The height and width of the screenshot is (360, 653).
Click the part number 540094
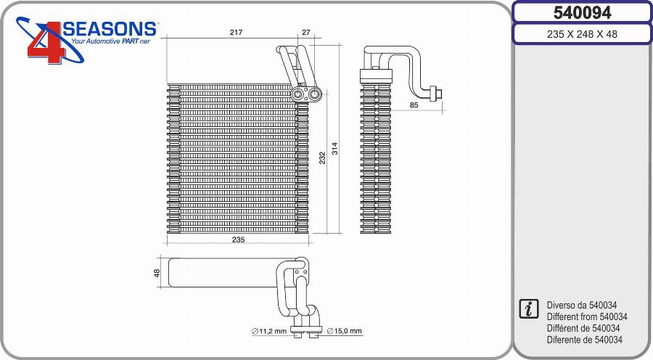click(x=582, y=12)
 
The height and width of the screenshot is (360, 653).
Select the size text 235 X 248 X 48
click(x=582, y=34)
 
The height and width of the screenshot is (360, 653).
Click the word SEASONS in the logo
click(x=110, y=29)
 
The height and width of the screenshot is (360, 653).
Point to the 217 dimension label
click(x=236, y=32)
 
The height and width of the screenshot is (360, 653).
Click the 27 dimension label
click(x=306, y=32)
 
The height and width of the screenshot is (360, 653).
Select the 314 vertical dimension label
click(x=334, y=149)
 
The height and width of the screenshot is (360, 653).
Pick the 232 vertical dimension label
click(x=322, y=157)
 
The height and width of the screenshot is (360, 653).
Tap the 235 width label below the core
click(x=238, y=240)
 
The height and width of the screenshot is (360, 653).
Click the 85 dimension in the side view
click(x=414, y=105)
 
